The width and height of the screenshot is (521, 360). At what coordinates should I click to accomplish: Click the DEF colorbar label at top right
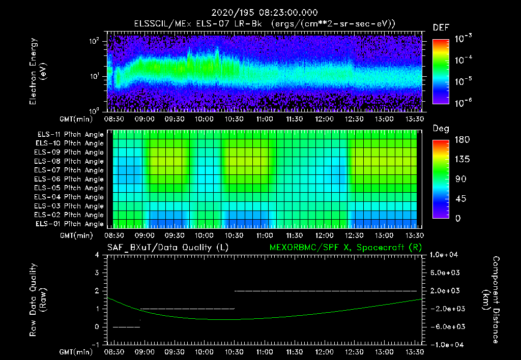point(441,27)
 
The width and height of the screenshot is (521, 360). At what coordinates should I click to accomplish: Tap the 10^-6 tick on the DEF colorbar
point(464,103)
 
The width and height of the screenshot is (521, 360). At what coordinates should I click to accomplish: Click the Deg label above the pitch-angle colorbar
point(441,129)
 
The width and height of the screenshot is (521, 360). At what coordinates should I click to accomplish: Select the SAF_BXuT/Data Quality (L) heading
point(167,247)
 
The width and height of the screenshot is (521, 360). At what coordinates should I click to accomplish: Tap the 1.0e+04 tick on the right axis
point(445,254)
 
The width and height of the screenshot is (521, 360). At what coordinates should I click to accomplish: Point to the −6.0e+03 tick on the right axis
point(445,326)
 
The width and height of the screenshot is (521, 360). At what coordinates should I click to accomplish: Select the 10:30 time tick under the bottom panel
point(234,352)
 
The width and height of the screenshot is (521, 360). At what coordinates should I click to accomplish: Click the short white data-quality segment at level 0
point(126,327)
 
